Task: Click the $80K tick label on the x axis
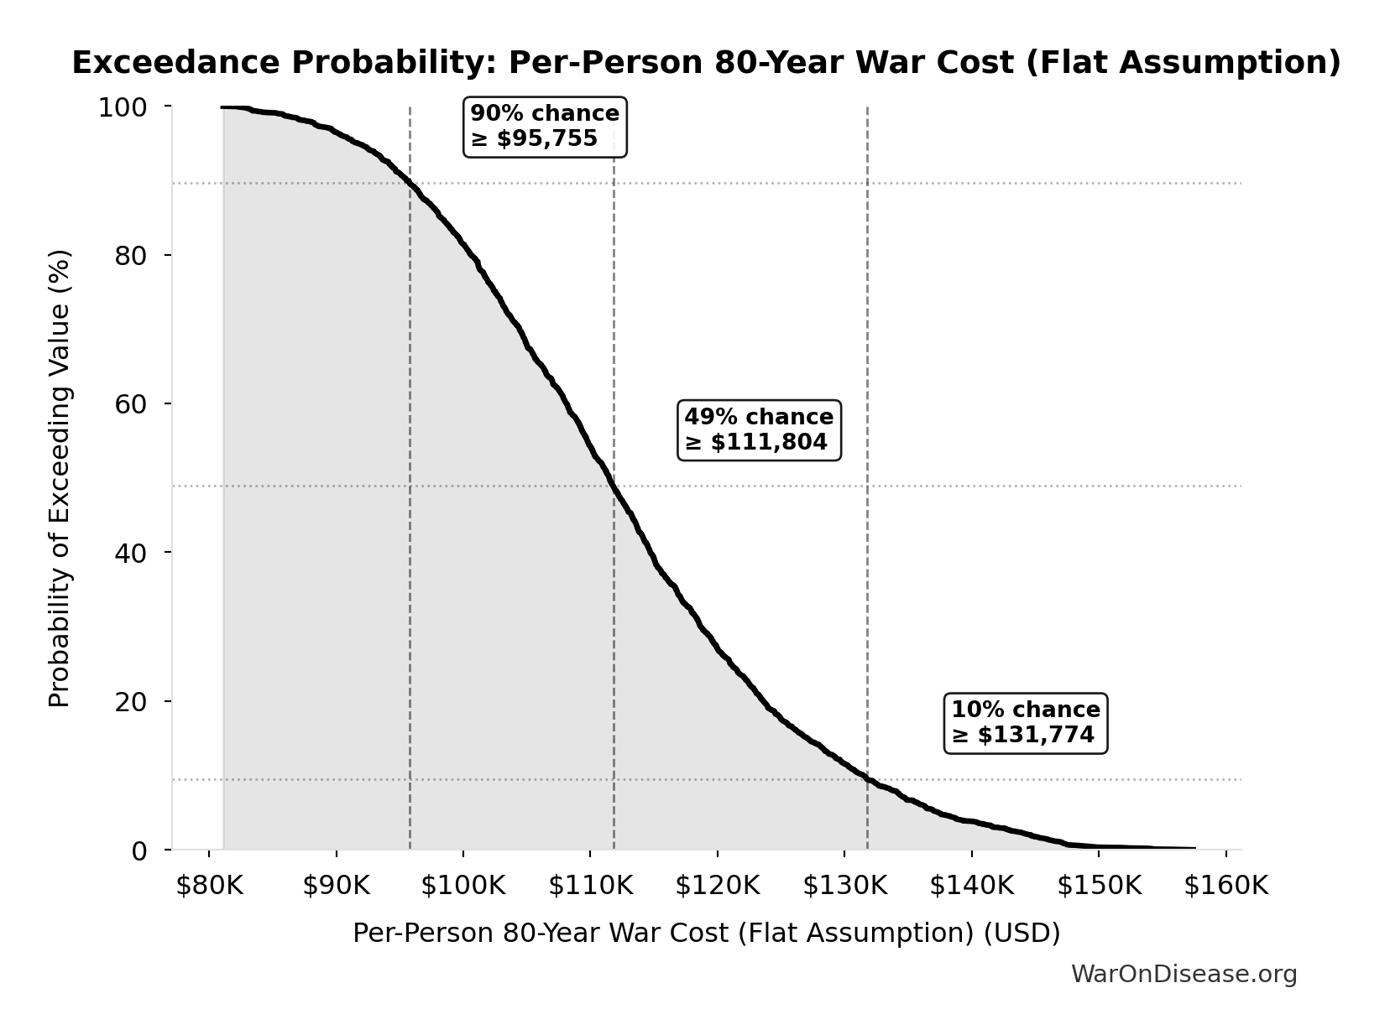(x=209, y=886)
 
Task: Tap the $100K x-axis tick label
(x=463, y=886)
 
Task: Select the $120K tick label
(x=718, y=886)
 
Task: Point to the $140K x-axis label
(x=971, y=886)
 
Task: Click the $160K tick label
(x=1225, y=886)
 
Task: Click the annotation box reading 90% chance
(x=546, y=127)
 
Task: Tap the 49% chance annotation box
(x=759, y=429)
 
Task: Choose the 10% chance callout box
(x=1026, y=723)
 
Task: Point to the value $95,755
(x=546, y=139)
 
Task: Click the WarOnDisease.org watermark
(x=1184, y=974)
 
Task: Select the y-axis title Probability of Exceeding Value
(x=60, y=478)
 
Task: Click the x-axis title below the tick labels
(x=706, y=933)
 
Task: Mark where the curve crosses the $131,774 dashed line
(x=867, y=779)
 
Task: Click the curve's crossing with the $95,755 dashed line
(x=410, y=183)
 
